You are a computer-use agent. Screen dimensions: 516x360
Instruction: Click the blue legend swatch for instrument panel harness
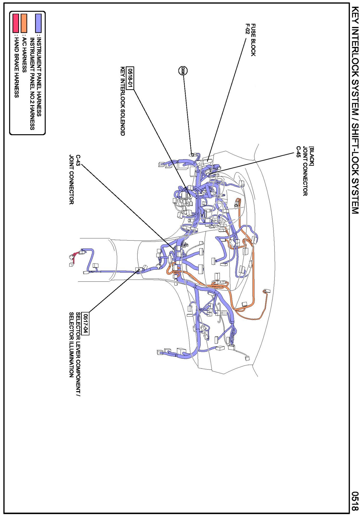[x=38, y=23]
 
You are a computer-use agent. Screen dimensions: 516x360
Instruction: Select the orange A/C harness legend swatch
[x=24, y=23]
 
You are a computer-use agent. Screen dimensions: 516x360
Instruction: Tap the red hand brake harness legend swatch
[x=16, y=23]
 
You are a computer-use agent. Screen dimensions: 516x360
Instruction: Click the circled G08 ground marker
[x=183, y=70]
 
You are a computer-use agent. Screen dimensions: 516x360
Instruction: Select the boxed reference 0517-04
[x=85, y=323]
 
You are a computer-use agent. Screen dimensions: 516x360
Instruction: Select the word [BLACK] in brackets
[x=312, y=156]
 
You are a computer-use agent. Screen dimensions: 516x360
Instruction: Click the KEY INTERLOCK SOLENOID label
[x=123, y=101]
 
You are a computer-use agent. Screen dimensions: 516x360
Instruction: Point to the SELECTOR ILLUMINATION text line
[x=71, y=345]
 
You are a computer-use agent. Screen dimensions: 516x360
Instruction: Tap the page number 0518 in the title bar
[x=355, y=501]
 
